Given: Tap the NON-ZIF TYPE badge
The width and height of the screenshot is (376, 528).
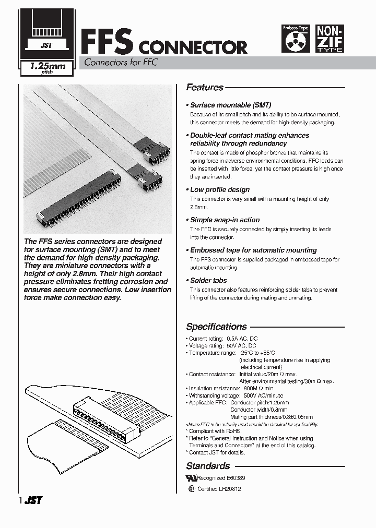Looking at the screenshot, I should (x=330, y=39).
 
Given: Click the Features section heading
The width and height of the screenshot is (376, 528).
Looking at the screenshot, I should (x=205, y=88).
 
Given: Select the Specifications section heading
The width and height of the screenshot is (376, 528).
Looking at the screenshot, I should (x=216, y=327).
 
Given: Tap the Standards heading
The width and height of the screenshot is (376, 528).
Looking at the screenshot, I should (x=208, y=466).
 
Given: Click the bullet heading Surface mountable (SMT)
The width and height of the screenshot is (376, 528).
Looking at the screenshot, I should (x=230, y=105).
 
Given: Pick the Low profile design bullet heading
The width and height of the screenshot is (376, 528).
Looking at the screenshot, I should (x=220, y=189).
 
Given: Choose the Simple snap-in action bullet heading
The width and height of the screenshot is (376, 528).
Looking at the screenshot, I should (x=225, y=220).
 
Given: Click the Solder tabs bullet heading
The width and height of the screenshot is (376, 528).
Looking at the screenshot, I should (x=208, y=280).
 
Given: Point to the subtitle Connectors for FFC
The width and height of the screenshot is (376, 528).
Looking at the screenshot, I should (x=118, y=63).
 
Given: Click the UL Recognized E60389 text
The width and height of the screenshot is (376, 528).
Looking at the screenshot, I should (x=217, y=478).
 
